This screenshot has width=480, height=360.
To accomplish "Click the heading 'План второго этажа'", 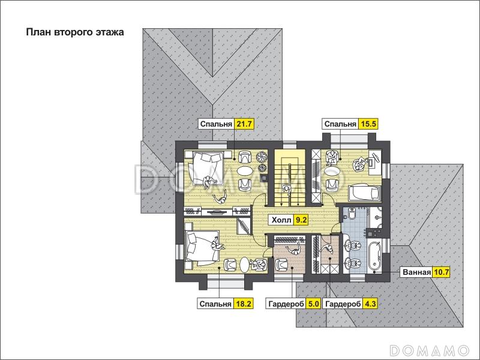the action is tap(75, 32).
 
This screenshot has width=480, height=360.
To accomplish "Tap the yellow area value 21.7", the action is tap(244, 124).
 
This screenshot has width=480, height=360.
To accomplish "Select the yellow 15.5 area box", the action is tap(368, 124).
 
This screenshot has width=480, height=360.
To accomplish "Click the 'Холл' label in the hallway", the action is tap(281, 220).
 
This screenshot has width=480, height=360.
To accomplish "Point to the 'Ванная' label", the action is tap(416, 272).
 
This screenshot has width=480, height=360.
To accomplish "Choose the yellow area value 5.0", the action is tap(313, 304).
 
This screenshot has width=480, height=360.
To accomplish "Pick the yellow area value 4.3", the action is tap(370, 304).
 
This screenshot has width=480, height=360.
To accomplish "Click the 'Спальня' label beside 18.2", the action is tap(215, 304).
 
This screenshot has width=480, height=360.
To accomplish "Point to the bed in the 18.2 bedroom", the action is tap(202, 248).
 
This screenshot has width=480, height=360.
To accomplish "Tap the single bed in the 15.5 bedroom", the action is tap(365, 193).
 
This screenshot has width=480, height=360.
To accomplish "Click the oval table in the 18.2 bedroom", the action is tap(245, 265).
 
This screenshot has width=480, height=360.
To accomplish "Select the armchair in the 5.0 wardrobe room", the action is tap(281, 265).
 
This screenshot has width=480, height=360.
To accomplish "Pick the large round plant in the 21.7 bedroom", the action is tap(262, 157).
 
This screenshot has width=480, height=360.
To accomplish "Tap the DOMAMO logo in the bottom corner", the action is tap(430, 350).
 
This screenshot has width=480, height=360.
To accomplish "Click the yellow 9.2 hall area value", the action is tap(301, 220).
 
